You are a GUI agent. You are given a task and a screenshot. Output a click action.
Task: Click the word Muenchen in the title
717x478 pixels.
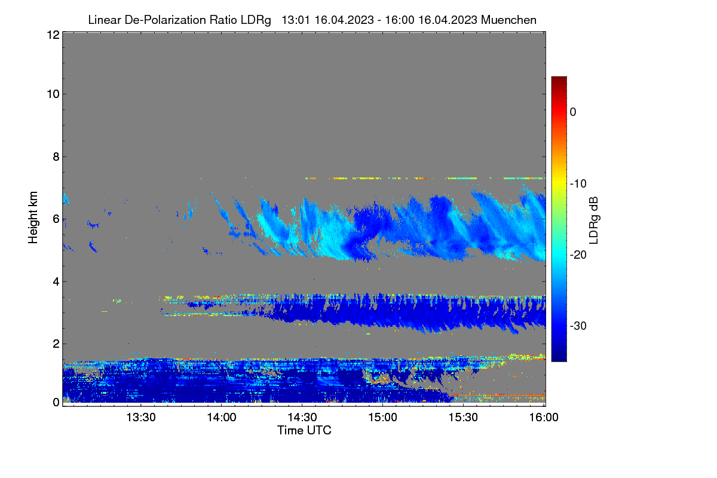[x=508, y=20]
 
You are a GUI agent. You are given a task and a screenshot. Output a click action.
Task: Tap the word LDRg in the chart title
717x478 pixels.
[x=256, y=20]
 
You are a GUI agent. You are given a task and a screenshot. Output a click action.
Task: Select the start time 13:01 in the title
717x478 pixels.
[x=296, y=20]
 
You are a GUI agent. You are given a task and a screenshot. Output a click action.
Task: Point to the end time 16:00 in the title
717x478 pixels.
[x=400, y=20]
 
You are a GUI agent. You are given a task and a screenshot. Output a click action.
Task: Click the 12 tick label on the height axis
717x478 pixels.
[x=53, y=35]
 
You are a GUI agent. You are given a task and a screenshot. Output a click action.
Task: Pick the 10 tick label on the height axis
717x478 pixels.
[x=53, y=94]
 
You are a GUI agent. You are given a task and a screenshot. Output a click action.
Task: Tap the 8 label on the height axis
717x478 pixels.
[x=56, y=157]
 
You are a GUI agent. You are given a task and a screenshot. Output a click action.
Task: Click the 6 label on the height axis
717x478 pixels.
[x=56, y=219]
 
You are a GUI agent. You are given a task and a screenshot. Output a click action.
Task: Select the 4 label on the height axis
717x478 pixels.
[x=56, y=282]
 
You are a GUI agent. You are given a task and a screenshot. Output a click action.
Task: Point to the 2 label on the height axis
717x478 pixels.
[x=56, y=344]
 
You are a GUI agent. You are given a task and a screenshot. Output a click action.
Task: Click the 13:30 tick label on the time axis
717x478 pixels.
[x=141, y=418]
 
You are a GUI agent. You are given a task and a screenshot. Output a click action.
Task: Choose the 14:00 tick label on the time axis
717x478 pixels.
[x=222, y=418]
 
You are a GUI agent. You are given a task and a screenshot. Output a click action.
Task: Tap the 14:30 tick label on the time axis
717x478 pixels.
[x=302, y=418]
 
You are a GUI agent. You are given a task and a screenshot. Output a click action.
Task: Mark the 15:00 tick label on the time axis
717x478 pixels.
[x=382, y=418]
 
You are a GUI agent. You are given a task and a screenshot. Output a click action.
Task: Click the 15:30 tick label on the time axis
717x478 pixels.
[x=463, y=418]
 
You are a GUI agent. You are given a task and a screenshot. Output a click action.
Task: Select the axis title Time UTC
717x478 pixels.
[x=304, y=430]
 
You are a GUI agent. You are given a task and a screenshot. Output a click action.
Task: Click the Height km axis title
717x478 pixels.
[x=33, y=217]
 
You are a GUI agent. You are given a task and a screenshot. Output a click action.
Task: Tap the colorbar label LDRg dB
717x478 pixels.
[x=594, y=220]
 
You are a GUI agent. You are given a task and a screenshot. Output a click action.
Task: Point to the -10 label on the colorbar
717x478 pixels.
[x=578, y=184]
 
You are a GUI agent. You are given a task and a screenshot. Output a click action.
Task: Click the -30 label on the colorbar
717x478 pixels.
[x=578, y=326]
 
